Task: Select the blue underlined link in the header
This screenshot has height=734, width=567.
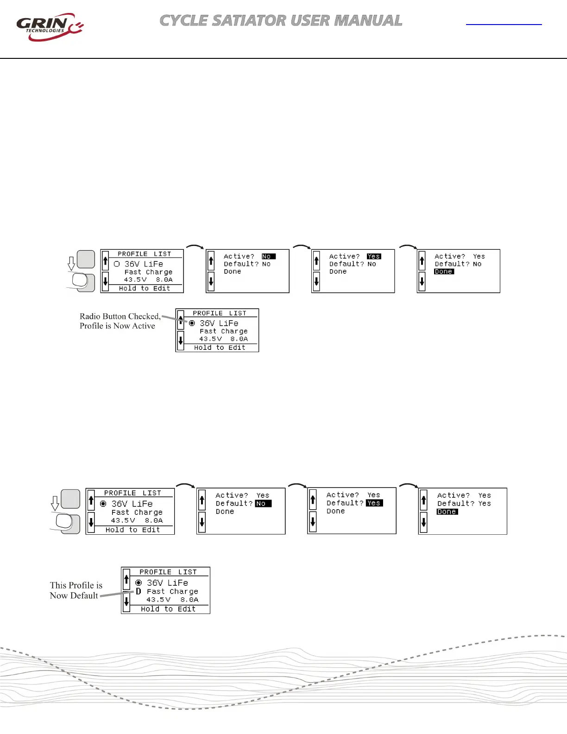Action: click(504, 23)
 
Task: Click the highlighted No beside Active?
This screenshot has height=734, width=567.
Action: click(268, 256)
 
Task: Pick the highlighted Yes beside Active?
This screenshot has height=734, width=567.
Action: click(374, 256)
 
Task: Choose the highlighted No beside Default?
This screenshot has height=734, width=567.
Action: click(263, 504)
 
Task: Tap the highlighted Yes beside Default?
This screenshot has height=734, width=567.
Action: click(374, 503)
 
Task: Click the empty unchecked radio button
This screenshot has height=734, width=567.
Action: click(117, 264)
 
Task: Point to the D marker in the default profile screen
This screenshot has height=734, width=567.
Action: click(138, 591)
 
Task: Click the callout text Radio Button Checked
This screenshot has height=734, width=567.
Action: click(120, 316)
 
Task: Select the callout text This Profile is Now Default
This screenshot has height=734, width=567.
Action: click(76, 590)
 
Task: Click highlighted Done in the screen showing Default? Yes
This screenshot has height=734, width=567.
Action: click(447, 512)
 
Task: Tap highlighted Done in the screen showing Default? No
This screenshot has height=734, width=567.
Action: click(444, 272)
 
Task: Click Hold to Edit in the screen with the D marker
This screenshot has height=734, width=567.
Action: click(168, 609)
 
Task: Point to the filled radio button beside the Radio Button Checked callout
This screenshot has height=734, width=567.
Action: click(192, 323)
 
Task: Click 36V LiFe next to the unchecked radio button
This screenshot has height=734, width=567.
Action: click(144, 264)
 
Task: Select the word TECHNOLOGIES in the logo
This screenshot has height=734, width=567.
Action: click(45, 31)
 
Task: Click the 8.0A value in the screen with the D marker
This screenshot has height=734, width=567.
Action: click(189, 600)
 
